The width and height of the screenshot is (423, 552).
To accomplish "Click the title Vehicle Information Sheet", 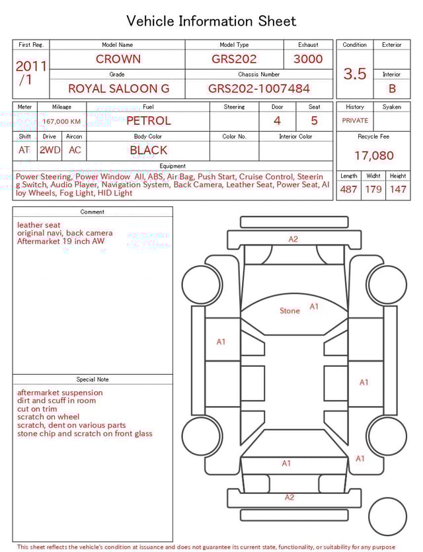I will tap(211, 21).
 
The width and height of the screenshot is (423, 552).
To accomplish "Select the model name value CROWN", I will tap(118, 59).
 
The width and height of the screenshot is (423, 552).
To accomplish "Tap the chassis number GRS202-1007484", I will tap(258, 88).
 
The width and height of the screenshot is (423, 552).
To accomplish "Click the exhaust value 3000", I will tap(308, 59).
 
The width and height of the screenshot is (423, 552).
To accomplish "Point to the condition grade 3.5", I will tap(354, 73).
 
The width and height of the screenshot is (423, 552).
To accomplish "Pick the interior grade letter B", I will tap(391, 88).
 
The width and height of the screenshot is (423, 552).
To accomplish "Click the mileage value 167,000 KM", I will tap(61, 122).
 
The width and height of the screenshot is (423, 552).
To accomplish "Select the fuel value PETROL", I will tap(148, 120).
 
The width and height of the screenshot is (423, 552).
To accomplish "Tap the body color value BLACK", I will tap(148, 150).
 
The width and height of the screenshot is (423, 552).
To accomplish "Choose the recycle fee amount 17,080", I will tap(373, 156).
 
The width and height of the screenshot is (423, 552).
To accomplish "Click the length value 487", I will tap(348, 189).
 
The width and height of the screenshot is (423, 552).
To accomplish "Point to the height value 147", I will tap(397, 189).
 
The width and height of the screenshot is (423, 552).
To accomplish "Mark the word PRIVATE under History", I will tap(355, 121).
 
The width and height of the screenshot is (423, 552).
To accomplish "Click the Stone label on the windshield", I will tap(289, 311).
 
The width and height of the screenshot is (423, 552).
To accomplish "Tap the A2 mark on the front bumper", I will tap(293, 239).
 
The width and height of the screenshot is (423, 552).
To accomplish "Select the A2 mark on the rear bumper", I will tap(289, 497).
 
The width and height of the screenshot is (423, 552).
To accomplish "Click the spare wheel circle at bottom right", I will tap(387, 516).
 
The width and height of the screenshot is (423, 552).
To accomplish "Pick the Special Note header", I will tap(93, 379).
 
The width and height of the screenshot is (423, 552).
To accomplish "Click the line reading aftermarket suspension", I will tap(60, 393).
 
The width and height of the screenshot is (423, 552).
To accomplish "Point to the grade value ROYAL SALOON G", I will tap(118, 88).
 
